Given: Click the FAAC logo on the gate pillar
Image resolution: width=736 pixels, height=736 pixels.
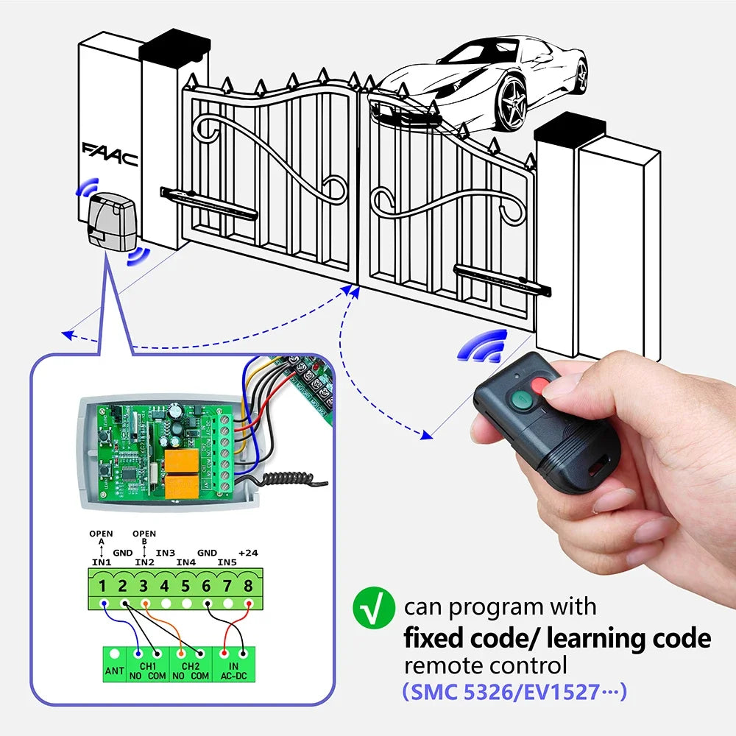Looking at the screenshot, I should pyautogui.click(x=110, y=154).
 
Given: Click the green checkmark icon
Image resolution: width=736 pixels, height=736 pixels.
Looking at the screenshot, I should pyautogui.click(x=369, y=608).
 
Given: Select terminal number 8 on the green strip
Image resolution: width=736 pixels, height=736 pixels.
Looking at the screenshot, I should pyautogui.click(x=248, y=587).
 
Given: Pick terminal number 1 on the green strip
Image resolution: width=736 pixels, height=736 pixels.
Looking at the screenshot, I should pyautogui.click(x=104, y=587).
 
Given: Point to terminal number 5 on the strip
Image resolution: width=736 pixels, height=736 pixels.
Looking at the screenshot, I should pyautogui.click(x=185, y=587).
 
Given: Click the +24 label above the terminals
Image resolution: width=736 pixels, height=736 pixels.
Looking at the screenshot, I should pyautogui.click(x=248, y=552).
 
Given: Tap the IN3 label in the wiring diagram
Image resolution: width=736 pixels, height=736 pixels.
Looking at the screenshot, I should pyautogui.click(x=165, y=552).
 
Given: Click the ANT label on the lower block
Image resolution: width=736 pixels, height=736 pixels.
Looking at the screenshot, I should pyautogui.click(x=114, y=670).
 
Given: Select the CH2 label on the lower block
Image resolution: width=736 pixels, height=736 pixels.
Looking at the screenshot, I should pyautogui.click(x=191, y=665).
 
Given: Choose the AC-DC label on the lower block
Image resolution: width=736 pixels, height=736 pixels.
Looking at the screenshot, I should pyautogui.click(x=233, y=675).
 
